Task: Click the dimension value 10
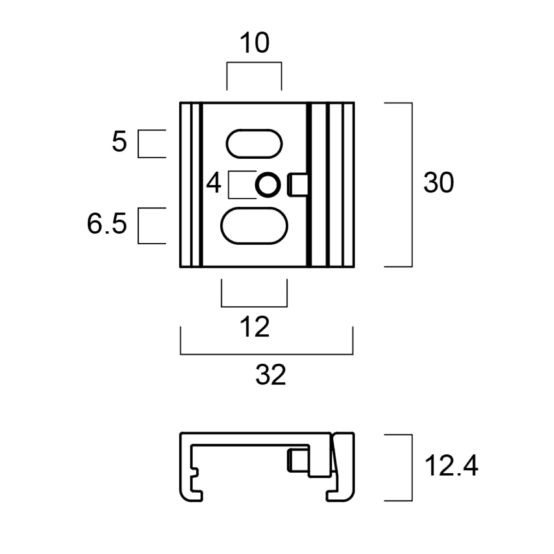tap(254, 44)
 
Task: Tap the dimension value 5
tap(119, 143)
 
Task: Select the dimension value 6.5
tap(107, 225)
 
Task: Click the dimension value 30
tap(439, 183)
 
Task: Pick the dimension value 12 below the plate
tap(254, 328)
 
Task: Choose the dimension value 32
tap(271, 375)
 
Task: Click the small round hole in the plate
tap(268, 185)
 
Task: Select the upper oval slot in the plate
tap(254, 143)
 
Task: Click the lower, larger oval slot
tap(254, 225)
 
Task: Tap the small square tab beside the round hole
tap(299, 185)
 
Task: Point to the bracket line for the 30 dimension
tap(411, 185)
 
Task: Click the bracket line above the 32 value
tap(266, 354)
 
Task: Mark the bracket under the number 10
tap(254, 63)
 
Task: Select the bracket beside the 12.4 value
tap(411, 467)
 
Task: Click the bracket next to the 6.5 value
tap(138, 225)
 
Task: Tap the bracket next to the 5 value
tap(138, 144)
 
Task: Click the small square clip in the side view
tap(298, 460)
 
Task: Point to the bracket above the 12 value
tap(254, 306)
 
